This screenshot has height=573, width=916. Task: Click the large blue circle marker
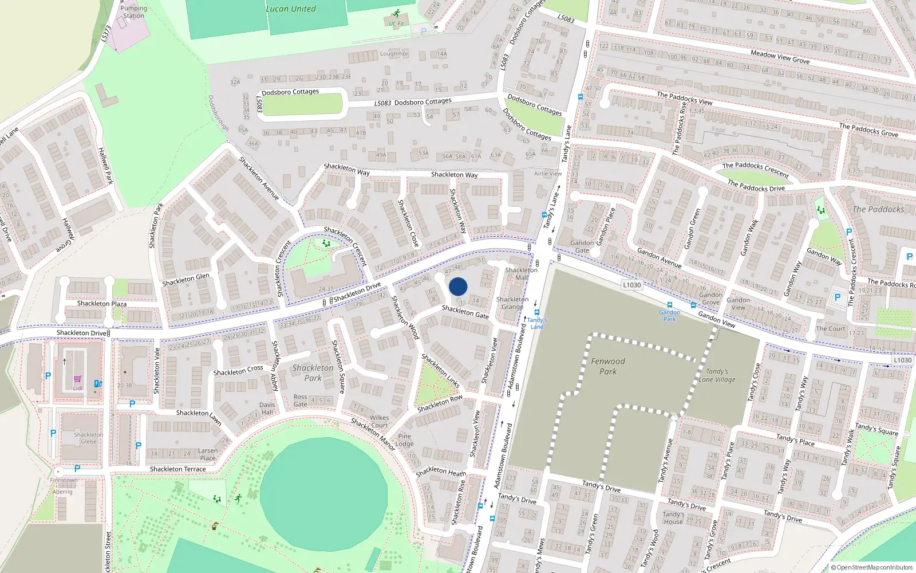[x=458, y=286]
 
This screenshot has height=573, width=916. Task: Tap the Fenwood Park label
[x=608, y=366]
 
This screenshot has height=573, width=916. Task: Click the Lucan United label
[x=290, y=9]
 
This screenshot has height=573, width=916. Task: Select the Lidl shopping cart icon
[x=77, y=379]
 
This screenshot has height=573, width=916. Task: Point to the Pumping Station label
[x=133, y=12]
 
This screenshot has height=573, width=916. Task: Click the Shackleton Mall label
[x=522, y=273]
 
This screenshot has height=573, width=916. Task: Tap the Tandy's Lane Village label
[x=717, y=375]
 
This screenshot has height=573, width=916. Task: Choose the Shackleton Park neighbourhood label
[x=313, y=372]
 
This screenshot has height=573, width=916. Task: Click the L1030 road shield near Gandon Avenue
[x=631, y=285]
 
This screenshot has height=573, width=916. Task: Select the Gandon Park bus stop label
[x=669, y=316]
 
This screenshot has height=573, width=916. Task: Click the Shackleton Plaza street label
[x=102, y=304]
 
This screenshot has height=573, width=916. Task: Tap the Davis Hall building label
[x=267, y=409]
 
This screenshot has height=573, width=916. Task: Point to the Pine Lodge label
[x=404, y=440]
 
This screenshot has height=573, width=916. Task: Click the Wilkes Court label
[x=379, y=421]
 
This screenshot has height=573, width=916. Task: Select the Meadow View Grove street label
[x=780, y=56]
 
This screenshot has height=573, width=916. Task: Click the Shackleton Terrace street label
[x=177, y=469]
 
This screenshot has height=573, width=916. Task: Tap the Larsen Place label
[x=208, y=454]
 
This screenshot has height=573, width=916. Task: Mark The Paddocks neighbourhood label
[x=878, y=209]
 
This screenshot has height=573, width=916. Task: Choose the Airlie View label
[x=548, y=174]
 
